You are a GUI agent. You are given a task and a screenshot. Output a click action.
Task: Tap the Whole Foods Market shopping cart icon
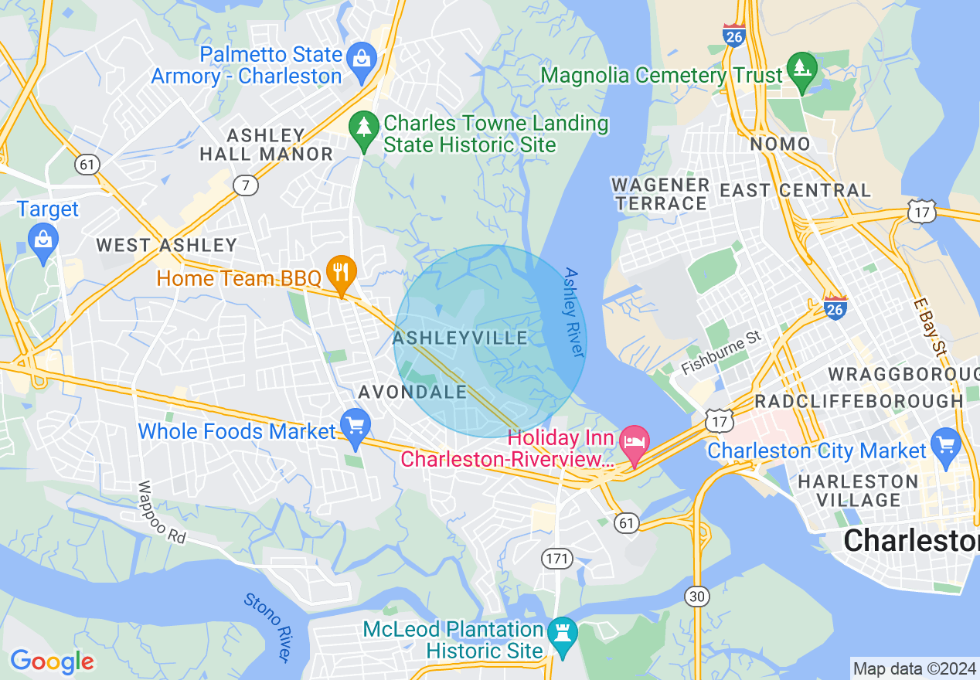(x=356, y=427)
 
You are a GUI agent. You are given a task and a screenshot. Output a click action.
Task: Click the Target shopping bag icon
(x=43, y=239)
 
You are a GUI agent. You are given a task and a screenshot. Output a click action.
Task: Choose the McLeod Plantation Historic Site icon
(x=562, y=633)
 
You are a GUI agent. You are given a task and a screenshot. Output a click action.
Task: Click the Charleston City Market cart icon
(x=946, y=445)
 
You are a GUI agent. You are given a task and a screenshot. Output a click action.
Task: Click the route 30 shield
(x=696, y=595)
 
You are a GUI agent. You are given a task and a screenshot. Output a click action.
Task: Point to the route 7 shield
(x=246, y=185)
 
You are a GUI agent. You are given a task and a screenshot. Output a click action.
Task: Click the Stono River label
(x=267, y=627)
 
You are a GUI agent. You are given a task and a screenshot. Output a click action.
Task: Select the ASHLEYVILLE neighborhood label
(x=460, y=338)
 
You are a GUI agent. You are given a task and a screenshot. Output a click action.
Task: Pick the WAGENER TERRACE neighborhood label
(x=660, y=194)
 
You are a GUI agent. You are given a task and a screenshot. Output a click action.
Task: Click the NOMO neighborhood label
(x=780, y=144)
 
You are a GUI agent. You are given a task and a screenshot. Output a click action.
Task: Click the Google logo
(x=52, y=661)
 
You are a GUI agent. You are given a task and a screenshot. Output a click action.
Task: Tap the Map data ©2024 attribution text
(x=913, y=668)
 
